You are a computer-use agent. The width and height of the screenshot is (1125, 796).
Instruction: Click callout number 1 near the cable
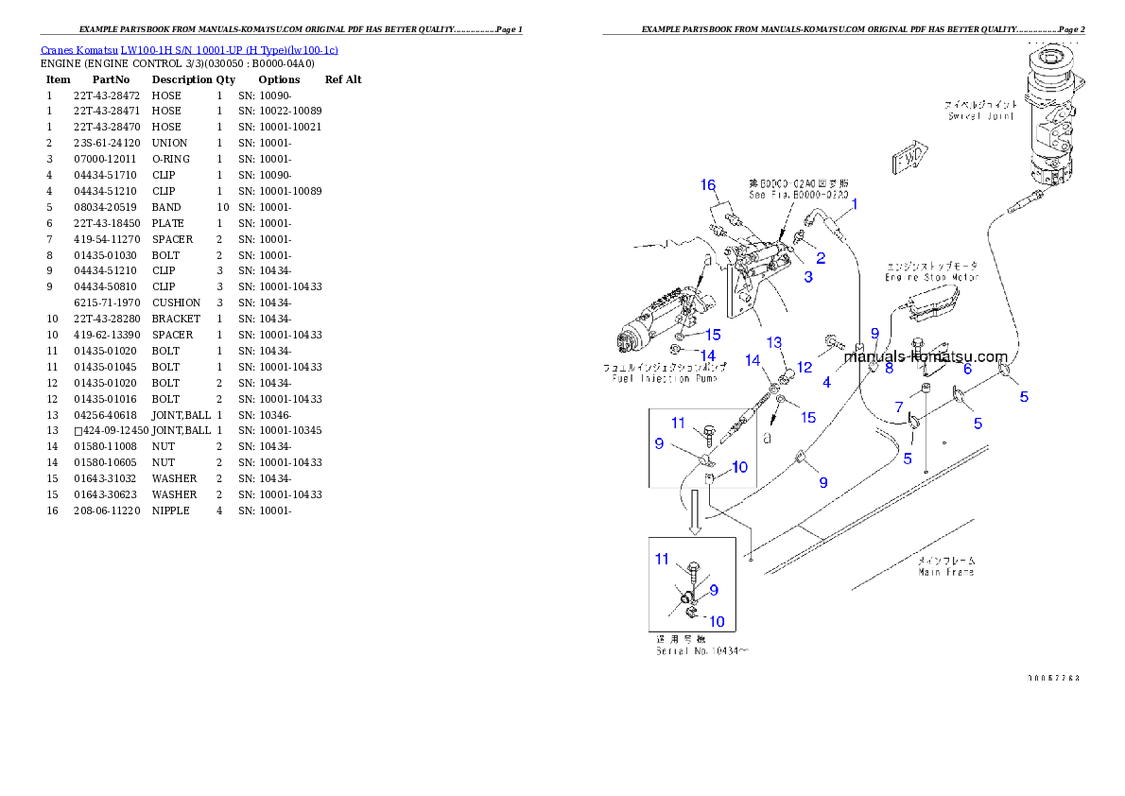[854, 203]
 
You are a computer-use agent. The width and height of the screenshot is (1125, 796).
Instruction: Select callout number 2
[821, 257]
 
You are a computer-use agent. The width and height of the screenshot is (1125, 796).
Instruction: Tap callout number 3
[808, 277]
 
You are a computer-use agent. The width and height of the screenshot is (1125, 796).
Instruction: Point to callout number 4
[826, 383]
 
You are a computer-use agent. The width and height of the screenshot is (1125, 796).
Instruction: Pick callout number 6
[967, 370]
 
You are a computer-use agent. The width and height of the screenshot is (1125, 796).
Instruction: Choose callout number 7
[899, 407]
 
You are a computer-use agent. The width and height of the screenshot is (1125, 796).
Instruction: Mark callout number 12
[805, 367]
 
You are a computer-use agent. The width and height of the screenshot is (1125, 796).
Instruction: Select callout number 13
[774, 341]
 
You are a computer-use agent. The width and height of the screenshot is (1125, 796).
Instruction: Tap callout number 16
[708, 184]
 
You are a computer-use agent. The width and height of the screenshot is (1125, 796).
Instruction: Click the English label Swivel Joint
[980, 116]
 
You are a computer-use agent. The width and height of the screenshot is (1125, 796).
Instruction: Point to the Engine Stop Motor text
[931, 278]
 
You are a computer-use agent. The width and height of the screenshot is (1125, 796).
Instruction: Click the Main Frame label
[946, 572]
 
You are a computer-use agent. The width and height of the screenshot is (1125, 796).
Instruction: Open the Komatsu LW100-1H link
[189, 50]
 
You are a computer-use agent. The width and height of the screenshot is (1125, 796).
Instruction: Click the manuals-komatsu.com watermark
[926, 356]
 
